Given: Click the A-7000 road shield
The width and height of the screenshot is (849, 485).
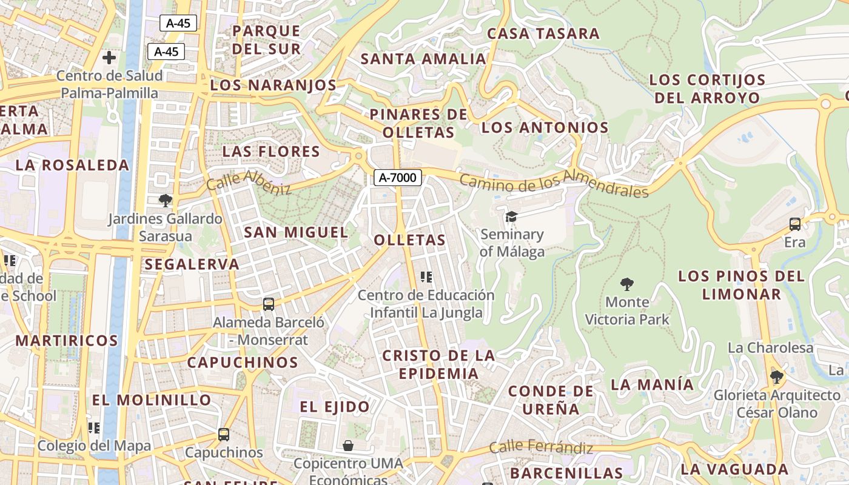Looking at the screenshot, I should click(398, 178).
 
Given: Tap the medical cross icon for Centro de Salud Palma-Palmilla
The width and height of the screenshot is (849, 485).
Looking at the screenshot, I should click(109, 58).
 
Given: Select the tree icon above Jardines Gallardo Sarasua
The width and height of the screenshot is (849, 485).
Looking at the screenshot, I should click(165, 200).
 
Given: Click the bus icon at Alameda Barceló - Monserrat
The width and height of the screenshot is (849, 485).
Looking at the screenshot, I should click(268, 304).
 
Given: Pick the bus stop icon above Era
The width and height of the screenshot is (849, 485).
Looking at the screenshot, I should click(795, 224).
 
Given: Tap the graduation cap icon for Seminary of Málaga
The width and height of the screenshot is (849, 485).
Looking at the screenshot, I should click(512, 216).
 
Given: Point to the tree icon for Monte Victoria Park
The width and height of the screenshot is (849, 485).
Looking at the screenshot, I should click(627, 284).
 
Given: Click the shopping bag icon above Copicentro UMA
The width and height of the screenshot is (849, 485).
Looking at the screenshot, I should click(348, 446).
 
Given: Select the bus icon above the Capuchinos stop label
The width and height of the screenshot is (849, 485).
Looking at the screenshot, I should click(224, 434).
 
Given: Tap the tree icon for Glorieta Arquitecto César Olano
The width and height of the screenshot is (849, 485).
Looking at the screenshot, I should click(776, 377).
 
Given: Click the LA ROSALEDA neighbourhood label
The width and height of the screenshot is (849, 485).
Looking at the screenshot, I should click(72, 165).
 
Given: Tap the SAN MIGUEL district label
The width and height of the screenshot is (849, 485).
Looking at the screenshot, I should click(296, 232).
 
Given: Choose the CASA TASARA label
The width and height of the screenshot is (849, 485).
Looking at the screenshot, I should click(543, 34).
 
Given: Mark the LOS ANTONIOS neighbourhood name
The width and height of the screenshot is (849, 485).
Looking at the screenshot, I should click(545, 127).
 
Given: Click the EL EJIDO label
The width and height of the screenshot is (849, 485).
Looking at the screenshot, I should click(335, 407).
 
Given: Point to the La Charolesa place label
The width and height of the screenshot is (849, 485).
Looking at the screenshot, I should click(770, 348).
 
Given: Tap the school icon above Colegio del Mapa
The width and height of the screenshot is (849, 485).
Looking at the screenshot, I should click(94, 428).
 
